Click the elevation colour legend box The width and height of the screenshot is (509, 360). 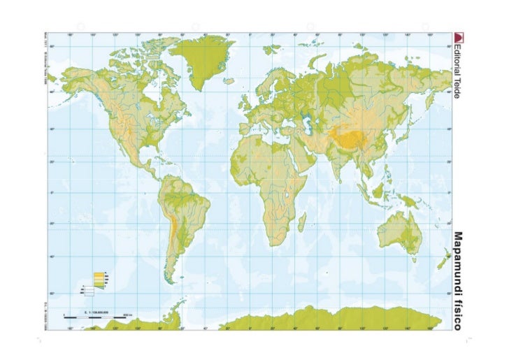pos(99,280)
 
